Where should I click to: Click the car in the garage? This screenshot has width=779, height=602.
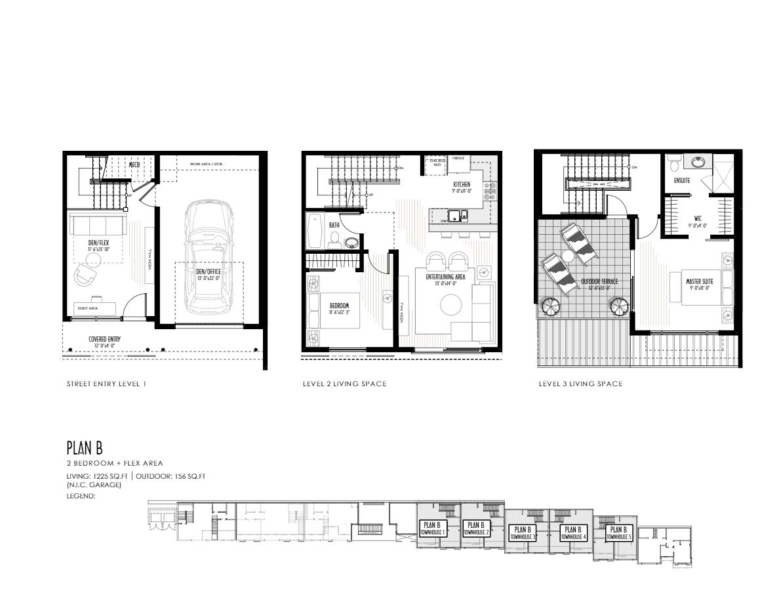pos(209,256)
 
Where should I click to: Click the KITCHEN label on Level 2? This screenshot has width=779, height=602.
pos(461,185)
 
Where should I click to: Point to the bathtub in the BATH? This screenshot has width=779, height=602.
pos(313,231)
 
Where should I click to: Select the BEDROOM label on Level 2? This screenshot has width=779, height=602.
pos(340,306)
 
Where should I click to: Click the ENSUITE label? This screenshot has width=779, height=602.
pos(681,179)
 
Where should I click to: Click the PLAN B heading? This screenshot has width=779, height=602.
pos(85,447)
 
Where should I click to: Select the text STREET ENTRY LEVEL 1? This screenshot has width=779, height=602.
pos(106,384)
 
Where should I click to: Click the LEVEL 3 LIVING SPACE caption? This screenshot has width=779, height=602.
pos(580,384)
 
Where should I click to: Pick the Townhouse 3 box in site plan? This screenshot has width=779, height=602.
pos(521,532)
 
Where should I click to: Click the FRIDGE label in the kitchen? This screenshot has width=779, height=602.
pos(458,158)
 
